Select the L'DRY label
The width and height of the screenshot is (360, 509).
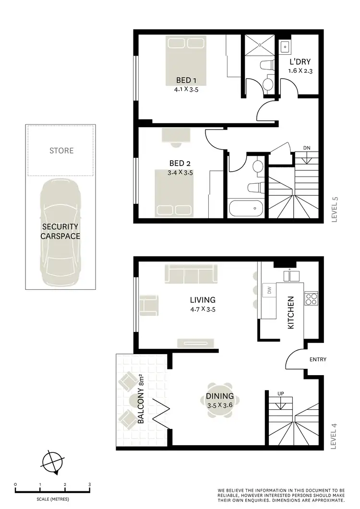pyautogui.click(x=300, y=62)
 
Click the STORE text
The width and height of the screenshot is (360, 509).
pyautogui.click(x=61, y=151)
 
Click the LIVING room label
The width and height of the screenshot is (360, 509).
pyautogui.click(x=203, y=300)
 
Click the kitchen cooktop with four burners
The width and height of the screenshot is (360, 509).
pyautogui.click(x=311, y=298)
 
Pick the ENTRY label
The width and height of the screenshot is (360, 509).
pyautogui.click(x=318, y=359)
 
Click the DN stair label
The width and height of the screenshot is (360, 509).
pyautogui.click(x=307, y=148)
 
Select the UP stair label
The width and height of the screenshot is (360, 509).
pyautogui.click(x=281, y=394)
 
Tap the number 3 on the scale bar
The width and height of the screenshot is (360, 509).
pyautogui.click(x=89, y=485)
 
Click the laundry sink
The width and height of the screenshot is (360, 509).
pyautogui.click(x=284, y=47)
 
